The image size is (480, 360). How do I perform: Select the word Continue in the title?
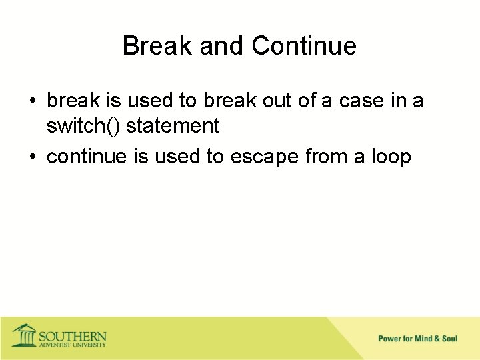click(x=304, y=46)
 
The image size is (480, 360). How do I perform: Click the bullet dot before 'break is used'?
click(x=33, y=102)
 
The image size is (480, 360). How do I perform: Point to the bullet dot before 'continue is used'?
click(x=33, y=157)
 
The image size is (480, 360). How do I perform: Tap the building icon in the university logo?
click(x=25, y=335)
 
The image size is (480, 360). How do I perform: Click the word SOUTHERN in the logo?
click(x=72, y=335)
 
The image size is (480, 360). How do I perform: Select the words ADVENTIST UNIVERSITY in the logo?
click(x=72, y=345)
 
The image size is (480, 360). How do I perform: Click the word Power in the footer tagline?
click(x=389, y=339)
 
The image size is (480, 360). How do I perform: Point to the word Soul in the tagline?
click(x=449, y=339)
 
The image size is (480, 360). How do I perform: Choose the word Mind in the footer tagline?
click(x=423, y=339)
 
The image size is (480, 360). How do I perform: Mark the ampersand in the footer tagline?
click(x=436, y=339)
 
